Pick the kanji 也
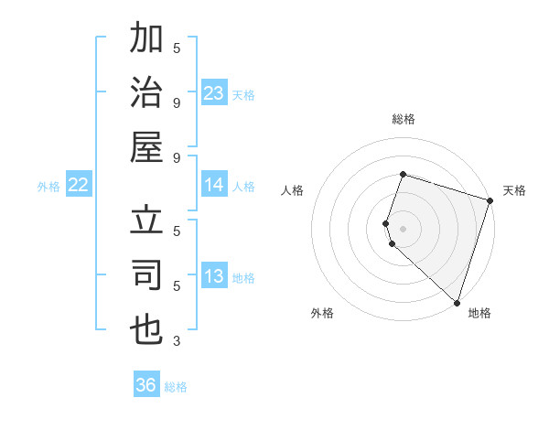click(147, 329)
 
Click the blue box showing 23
click(214, 92)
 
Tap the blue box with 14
click(214, 185)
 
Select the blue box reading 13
click(214, 276)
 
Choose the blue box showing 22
click(79, 185)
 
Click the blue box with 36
click(146, 385)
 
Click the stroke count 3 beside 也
click(177, 341)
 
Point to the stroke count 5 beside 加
click(177, 47)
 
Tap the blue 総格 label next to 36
click(176, 387)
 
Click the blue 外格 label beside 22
click(48, 187)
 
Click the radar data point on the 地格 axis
click(457, 303)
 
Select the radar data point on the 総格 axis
click(403, 174)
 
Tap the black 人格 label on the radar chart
click(292, 190)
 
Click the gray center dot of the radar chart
click(403, 228)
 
